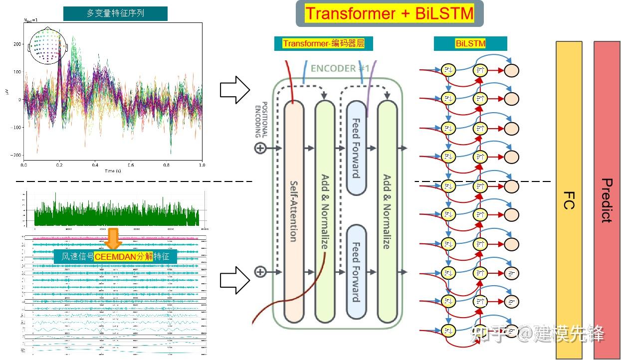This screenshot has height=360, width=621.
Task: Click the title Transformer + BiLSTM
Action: coord(390,13)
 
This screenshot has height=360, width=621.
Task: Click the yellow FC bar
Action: coord(569,199)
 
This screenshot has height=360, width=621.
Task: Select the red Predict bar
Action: coord(607,199)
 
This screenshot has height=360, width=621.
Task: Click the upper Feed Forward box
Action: coord(356,148)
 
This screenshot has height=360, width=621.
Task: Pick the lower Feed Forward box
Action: coord(356,272)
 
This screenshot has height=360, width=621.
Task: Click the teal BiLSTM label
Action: coord(470,44)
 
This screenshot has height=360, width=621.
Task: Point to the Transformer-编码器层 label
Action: coord(323,44)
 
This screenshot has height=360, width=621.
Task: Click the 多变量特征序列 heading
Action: coord(115,13)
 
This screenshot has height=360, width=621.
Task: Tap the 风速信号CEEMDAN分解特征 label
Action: coord(116,257)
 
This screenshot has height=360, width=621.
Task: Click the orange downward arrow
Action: coord(114,239)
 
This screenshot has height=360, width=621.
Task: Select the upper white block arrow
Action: coord(234,90)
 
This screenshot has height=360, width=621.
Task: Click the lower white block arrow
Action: coord(234,280)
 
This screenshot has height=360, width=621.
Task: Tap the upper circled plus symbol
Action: coord(260,148)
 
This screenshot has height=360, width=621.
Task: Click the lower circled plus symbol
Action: coord(260,272)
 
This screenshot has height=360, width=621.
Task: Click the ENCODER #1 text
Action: coord(340,68)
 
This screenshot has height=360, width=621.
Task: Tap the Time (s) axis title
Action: coord(113,171)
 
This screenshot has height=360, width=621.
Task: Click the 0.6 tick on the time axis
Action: coord(131,164)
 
